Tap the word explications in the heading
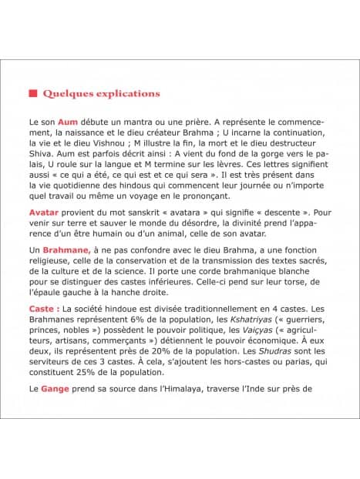click(128, 93)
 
